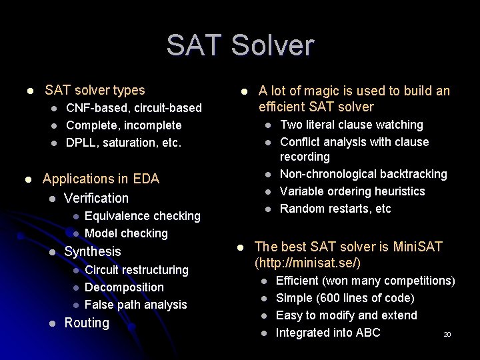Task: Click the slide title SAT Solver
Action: pyautogui.click(x=240, y=45)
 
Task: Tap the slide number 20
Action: pyautogui.click(x=447, y=335)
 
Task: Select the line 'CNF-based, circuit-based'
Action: pyautogui.click(x=133, y=108)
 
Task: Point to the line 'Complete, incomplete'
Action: pyautogui.click(x=123, y=125)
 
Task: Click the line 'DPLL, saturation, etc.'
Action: pyautogui.click(x=123, y=143)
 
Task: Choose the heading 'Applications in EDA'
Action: pyautogui.click(x=101, y=179)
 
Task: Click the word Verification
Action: pyautogui.click(x=96, y=198)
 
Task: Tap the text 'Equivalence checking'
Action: pyautogui.click(x=142, y=216)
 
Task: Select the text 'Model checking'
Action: pyautogui.click(x=126, y=233)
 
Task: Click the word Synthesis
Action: pyautogui.click(x=92, y=251)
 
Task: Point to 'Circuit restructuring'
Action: pyautogui.click(x=136, y=270)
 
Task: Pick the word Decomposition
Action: pyautogui.click(x=124, y=287)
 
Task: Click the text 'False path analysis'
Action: pyautogui.click(x=135, y=305)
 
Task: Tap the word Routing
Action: pyautogui.click(x=86, y=323)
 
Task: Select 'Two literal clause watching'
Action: pyautogui.click(x=351, y=125)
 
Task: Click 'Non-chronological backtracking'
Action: pyautogui.click(x=363, y=174)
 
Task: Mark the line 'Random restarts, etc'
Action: pyautogui.click(x=335, y=209)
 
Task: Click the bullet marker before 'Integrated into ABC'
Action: pyautogui.click(x=264, y=333)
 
